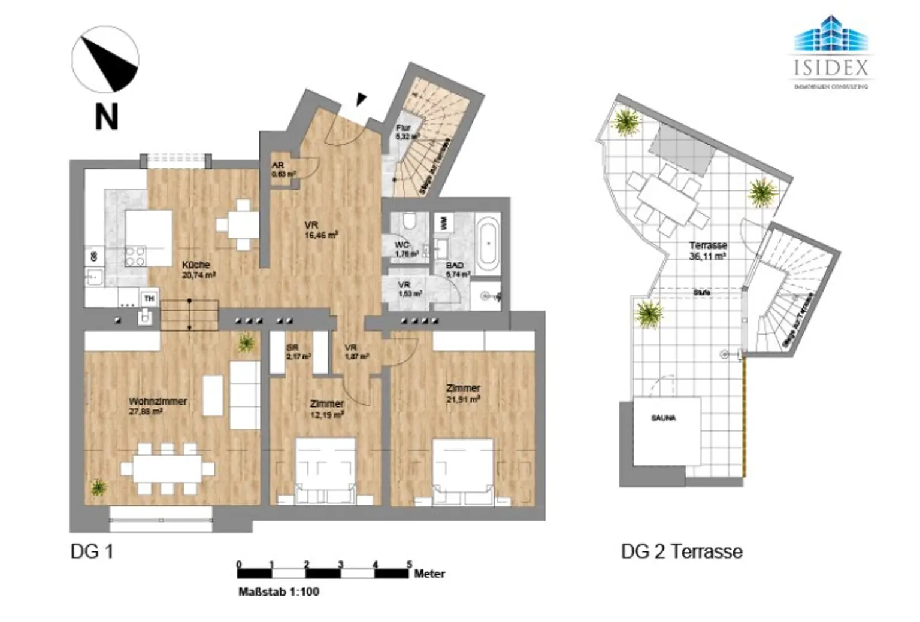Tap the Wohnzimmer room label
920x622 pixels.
click(x=158, y=402)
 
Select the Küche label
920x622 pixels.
click(x=196, y=265)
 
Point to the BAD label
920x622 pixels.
click(x=455, y=265)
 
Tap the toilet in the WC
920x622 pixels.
click(x=410, y=222)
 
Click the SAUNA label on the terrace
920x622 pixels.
click(x=663, y=418)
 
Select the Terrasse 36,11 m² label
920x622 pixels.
click(x=708, y=246)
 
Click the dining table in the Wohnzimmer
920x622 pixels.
click(x=167, y=469)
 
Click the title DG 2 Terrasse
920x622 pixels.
click(x=682, y=551)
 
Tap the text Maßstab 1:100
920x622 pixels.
click(x=279, y=591)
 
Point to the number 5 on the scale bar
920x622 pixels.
click(x=410, y=564)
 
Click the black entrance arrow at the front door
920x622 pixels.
click(x=360, y=99)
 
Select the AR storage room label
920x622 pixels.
click(x=277, y=166)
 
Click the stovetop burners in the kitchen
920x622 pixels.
click(x=135, y=256)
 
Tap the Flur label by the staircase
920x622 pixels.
click(x=403, y=128)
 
